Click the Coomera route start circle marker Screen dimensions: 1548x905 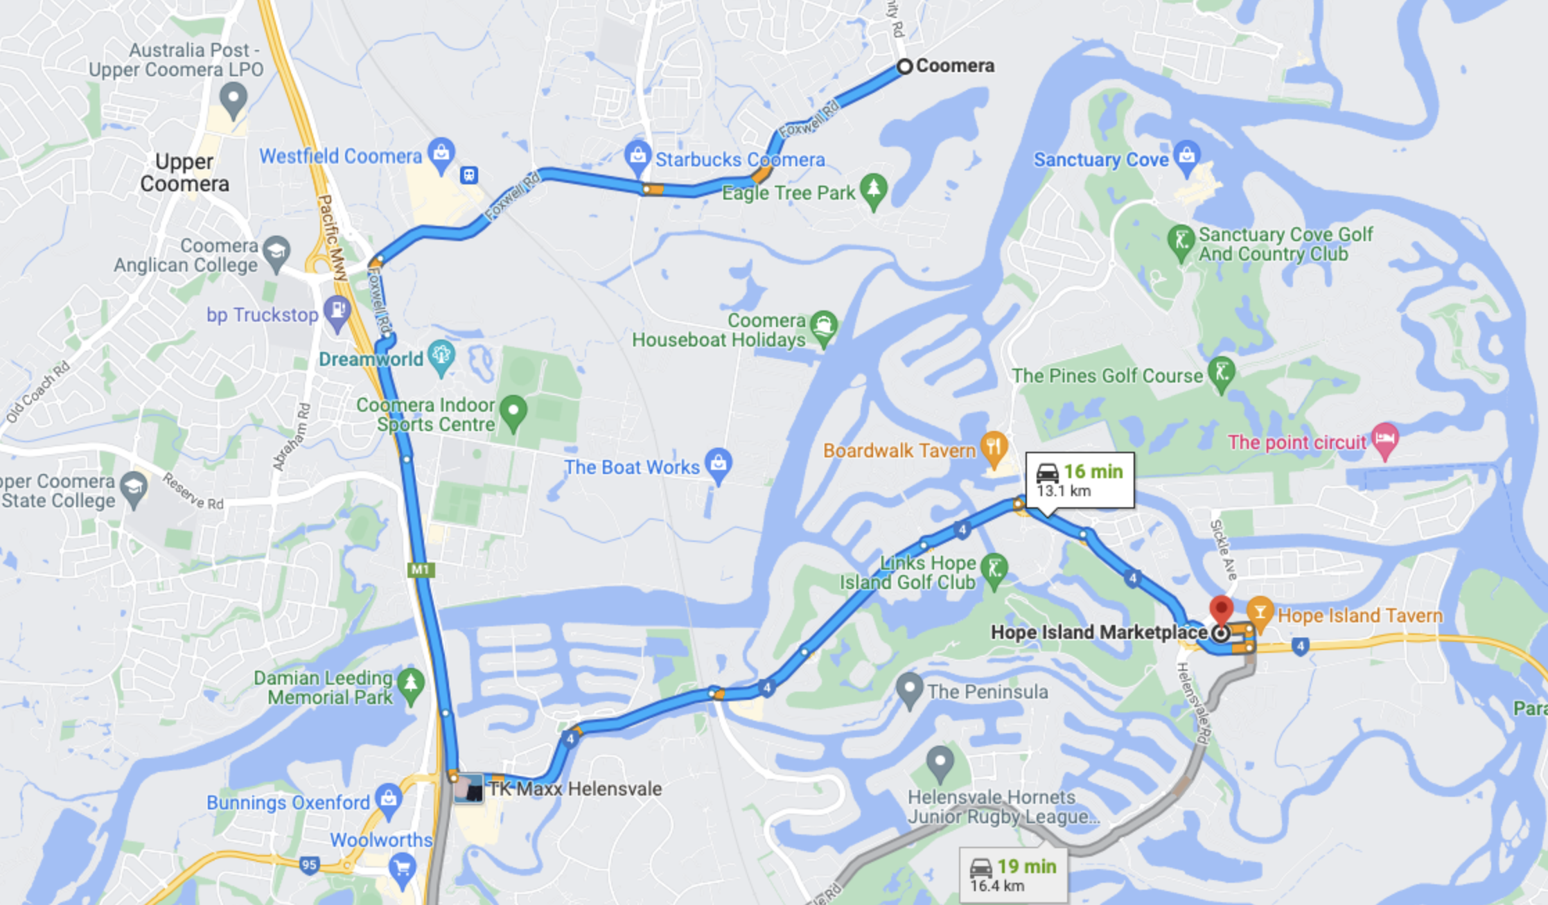click(x=904, y=67)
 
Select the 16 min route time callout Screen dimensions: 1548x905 click(x=1080, y=480)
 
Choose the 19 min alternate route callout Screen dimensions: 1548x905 click(x=1013, y=875)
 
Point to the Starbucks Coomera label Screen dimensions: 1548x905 click(x=740, y=160)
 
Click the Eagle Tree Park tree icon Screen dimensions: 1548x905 click(x=874, y=189)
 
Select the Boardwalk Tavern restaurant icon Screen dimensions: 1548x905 click(x=994, y=447)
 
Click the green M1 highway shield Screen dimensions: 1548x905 click(x=421, y=570)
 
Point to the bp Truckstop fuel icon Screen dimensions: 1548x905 click(x=337, y=311)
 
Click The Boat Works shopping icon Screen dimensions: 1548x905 click(x=719, y=463)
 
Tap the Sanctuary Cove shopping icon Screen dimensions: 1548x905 click(x=1187, y=156)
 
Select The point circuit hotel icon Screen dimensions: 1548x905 click(x=1384, y=439)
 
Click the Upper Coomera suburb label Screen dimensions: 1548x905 click(x=184, y=173)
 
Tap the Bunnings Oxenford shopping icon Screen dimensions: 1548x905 click(x=388, y=799)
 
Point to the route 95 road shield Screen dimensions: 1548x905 click(x=309, y=864)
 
